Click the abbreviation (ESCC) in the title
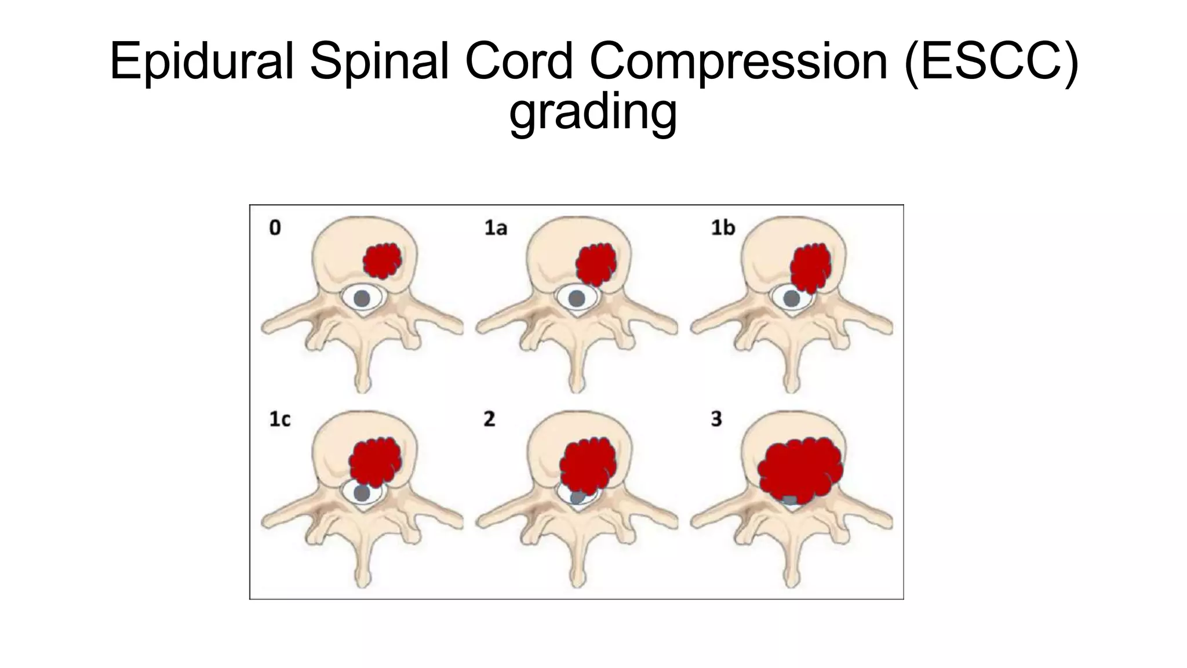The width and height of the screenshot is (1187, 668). coord(991,61)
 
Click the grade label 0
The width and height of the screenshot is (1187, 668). coord(275,228)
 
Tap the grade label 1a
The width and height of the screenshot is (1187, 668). coord(496,228)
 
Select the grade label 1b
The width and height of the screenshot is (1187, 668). coord(723,228)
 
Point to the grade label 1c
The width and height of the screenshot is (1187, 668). coord(279,419)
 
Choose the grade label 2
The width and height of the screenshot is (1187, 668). coord(489,419)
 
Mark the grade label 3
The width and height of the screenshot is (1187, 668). coord(716,419)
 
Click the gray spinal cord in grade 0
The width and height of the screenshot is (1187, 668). coord(362,299)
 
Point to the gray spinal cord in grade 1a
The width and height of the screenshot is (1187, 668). coord(576,299)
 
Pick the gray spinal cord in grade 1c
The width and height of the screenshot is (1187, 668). coord(362,493)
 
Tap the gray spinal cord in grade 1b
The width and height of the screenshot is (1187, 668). coord(790,299)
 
